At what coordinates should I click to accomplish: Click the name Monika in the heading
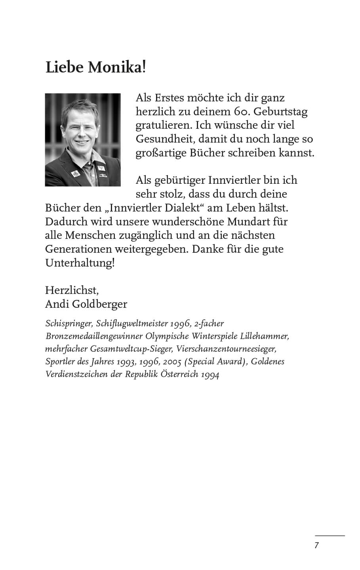coord(116,68)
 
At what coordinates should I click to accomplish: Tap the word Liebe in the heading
coord(65,68)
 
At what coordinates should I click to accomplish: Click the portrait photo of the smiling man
coord(83,140)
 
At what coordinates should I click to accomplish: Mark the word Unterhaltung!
coord(80,263)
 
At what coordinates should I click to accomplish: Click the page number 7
coord(316,545)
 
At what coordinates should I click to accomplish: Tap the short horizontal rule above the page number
coord(330,536)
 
